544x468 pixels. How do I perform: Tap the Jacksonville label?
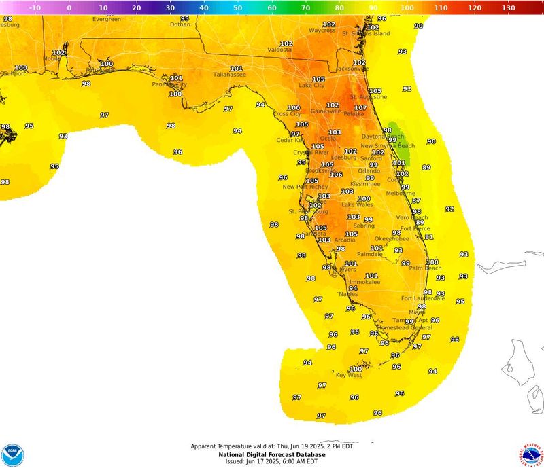point(351,69)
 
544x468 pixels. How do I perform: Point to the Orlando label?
point(369,170)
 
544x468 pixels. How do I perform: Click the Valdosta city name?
point(279,50)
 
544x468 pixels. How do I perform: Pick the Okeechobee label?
point(392,239)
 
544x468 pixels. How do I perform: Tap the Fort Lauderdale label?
point(423,298)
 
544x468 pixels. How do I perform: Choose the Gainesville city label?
point(326,111)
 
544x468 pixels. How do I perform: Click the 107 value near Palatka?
point(360,108)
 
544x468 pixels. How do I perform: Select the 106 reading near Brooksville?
point(336,175)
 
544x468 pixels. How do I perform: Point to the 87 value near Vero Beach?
point(416,201)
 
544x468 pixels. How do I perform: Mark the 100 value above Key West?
point(356,369)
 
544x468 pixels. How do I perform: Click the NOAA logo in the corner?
point(12,454)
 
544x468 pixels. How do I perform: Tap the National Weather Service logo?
point(532,454)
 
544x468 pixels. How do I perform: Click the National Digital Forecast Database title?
point(271,454)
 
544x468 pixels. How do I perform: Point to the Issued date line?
point(271,461)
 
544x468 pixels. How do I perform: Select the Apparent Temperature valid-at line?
point(271,447)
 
